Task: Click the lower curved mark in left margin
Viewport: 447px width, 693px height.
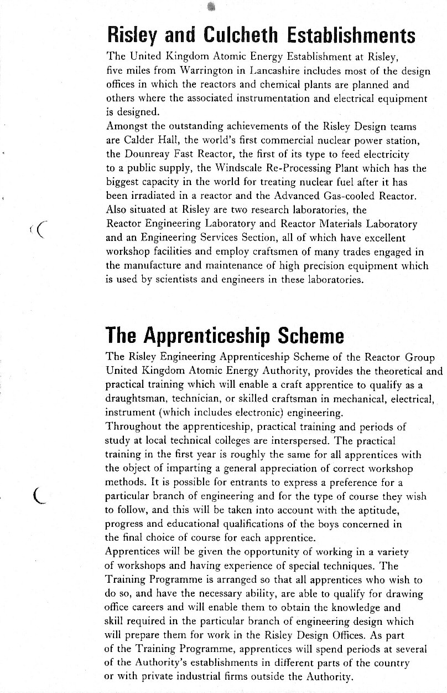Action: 38,495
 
